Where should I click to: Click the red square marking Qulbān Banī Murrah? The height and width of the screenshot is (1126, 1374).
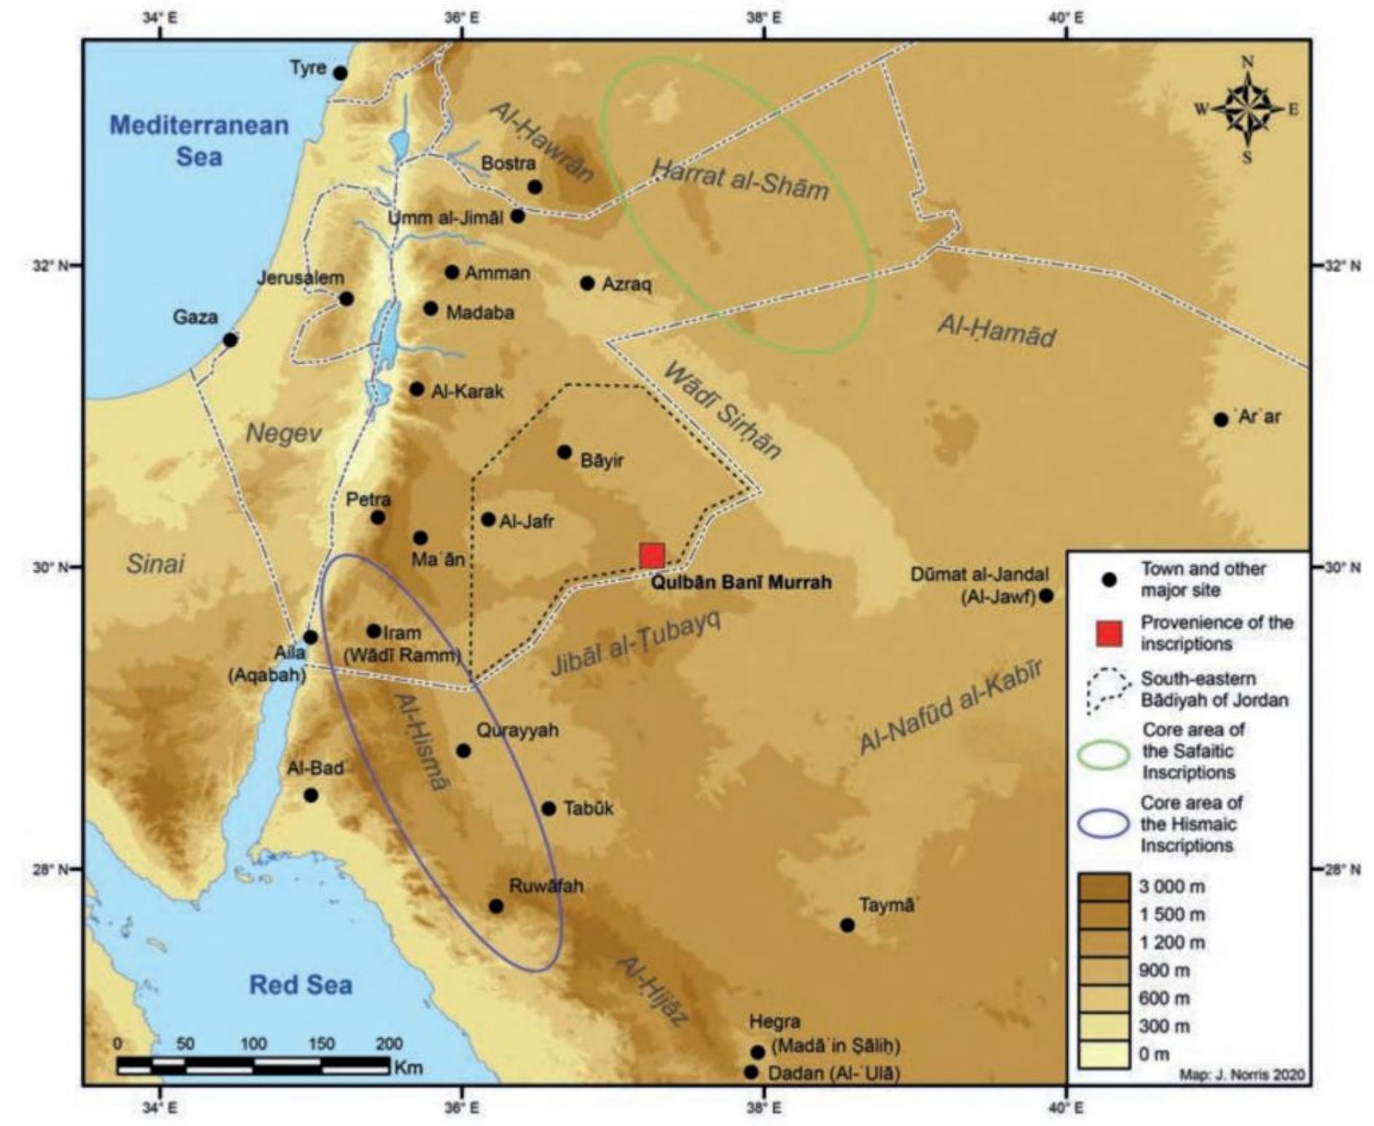coord(651,556)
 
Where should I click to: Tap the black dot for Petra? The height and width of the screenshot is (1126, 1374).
coord(377,518)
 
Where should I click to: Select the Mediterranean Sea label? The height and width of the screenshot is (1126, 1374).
coord(199,140)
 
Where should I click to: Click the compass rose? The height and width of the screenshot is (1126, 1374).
coord(1247,110)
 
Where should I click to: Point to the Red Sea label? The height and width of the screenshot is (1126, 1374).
coord(301,985)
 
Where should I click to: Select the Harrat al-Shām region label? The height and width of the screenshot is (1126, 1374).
coord(739,179)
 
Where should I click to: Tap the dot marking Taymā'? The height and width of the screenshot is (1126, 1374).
coord(847,925)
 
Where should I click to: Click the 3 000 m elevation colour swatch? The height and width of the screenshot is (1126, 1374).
coord(1104,887)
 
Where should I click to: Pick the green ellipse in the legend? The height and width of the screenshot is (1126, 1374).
coord(1104,755)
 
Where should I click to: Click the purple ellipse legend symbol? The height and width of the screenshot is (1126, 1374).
coord(1104,824)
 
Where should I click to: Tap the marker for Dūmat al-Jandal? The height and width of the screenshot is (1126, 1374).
coord(1047,596)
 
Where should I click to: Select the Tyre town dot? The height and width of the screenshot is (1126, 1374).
coord(340,73)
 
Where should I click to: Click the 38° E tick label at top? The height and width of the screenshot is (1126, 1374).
coord(763,18)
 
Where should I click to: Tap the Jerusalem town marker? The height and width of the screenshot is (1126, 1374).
coord(346,299)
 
